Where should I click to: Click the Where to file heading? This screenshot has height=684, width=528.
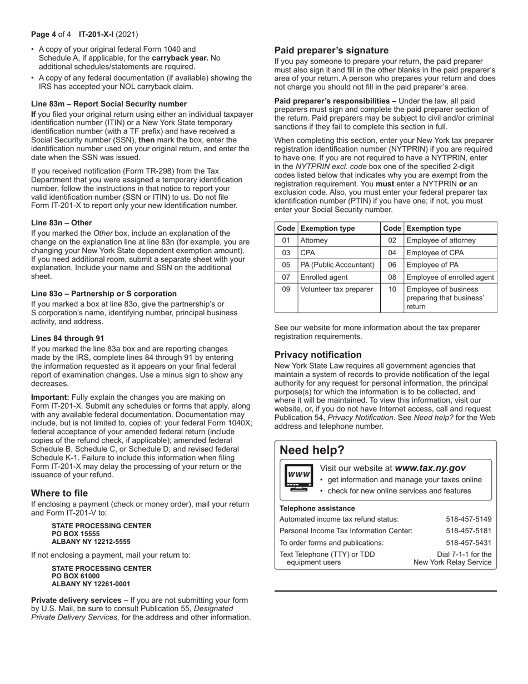point(59,493)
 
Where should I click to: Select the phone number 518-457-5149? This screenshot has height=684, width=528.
point(469,519)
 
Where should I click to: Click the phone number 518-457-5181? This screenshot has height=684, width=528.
point(469,531)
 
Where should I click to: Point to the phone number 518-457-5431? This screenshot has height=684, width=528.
point(469,542)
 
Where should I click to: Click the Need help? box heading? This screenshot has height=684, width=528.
point(312,450)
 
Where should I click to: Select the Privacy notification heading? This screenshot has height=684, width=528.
point(318,355)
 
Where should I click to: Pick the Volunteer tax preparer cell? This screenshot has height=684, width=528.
point(337,289)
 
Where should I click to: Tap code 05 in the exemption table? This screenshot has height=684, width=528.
point(286,265)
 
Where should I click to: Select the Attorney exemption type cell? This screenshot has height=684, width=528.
point(314,240)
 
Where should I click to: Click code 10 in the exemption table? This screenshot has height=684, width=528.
point(392,289)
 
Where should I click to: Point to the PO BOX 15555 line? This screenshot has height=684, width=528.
point(76,534)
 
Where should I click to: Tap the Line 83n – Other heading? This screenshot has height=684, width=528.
point(62,222)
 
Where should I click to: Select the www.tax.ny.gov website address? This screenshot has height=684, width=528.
point(430,468)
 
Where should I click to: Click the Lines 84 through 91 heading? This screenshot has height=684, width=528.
point(67,338)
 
